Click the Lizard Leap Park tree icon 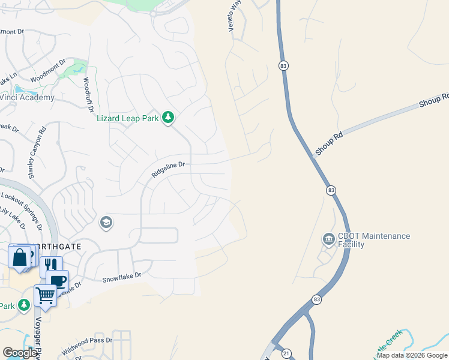tap(169, 118)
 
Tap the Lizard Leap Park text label tap(128, 118)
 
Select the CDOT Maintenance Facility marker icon tap(328, 240)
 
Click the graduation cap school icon tap(106, 223)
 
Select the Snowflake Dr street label tap(121, 277)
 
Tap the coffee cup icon tap(58, 281)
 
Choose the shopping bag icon tap(19, 257)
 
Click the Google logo tap(20, 353)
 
